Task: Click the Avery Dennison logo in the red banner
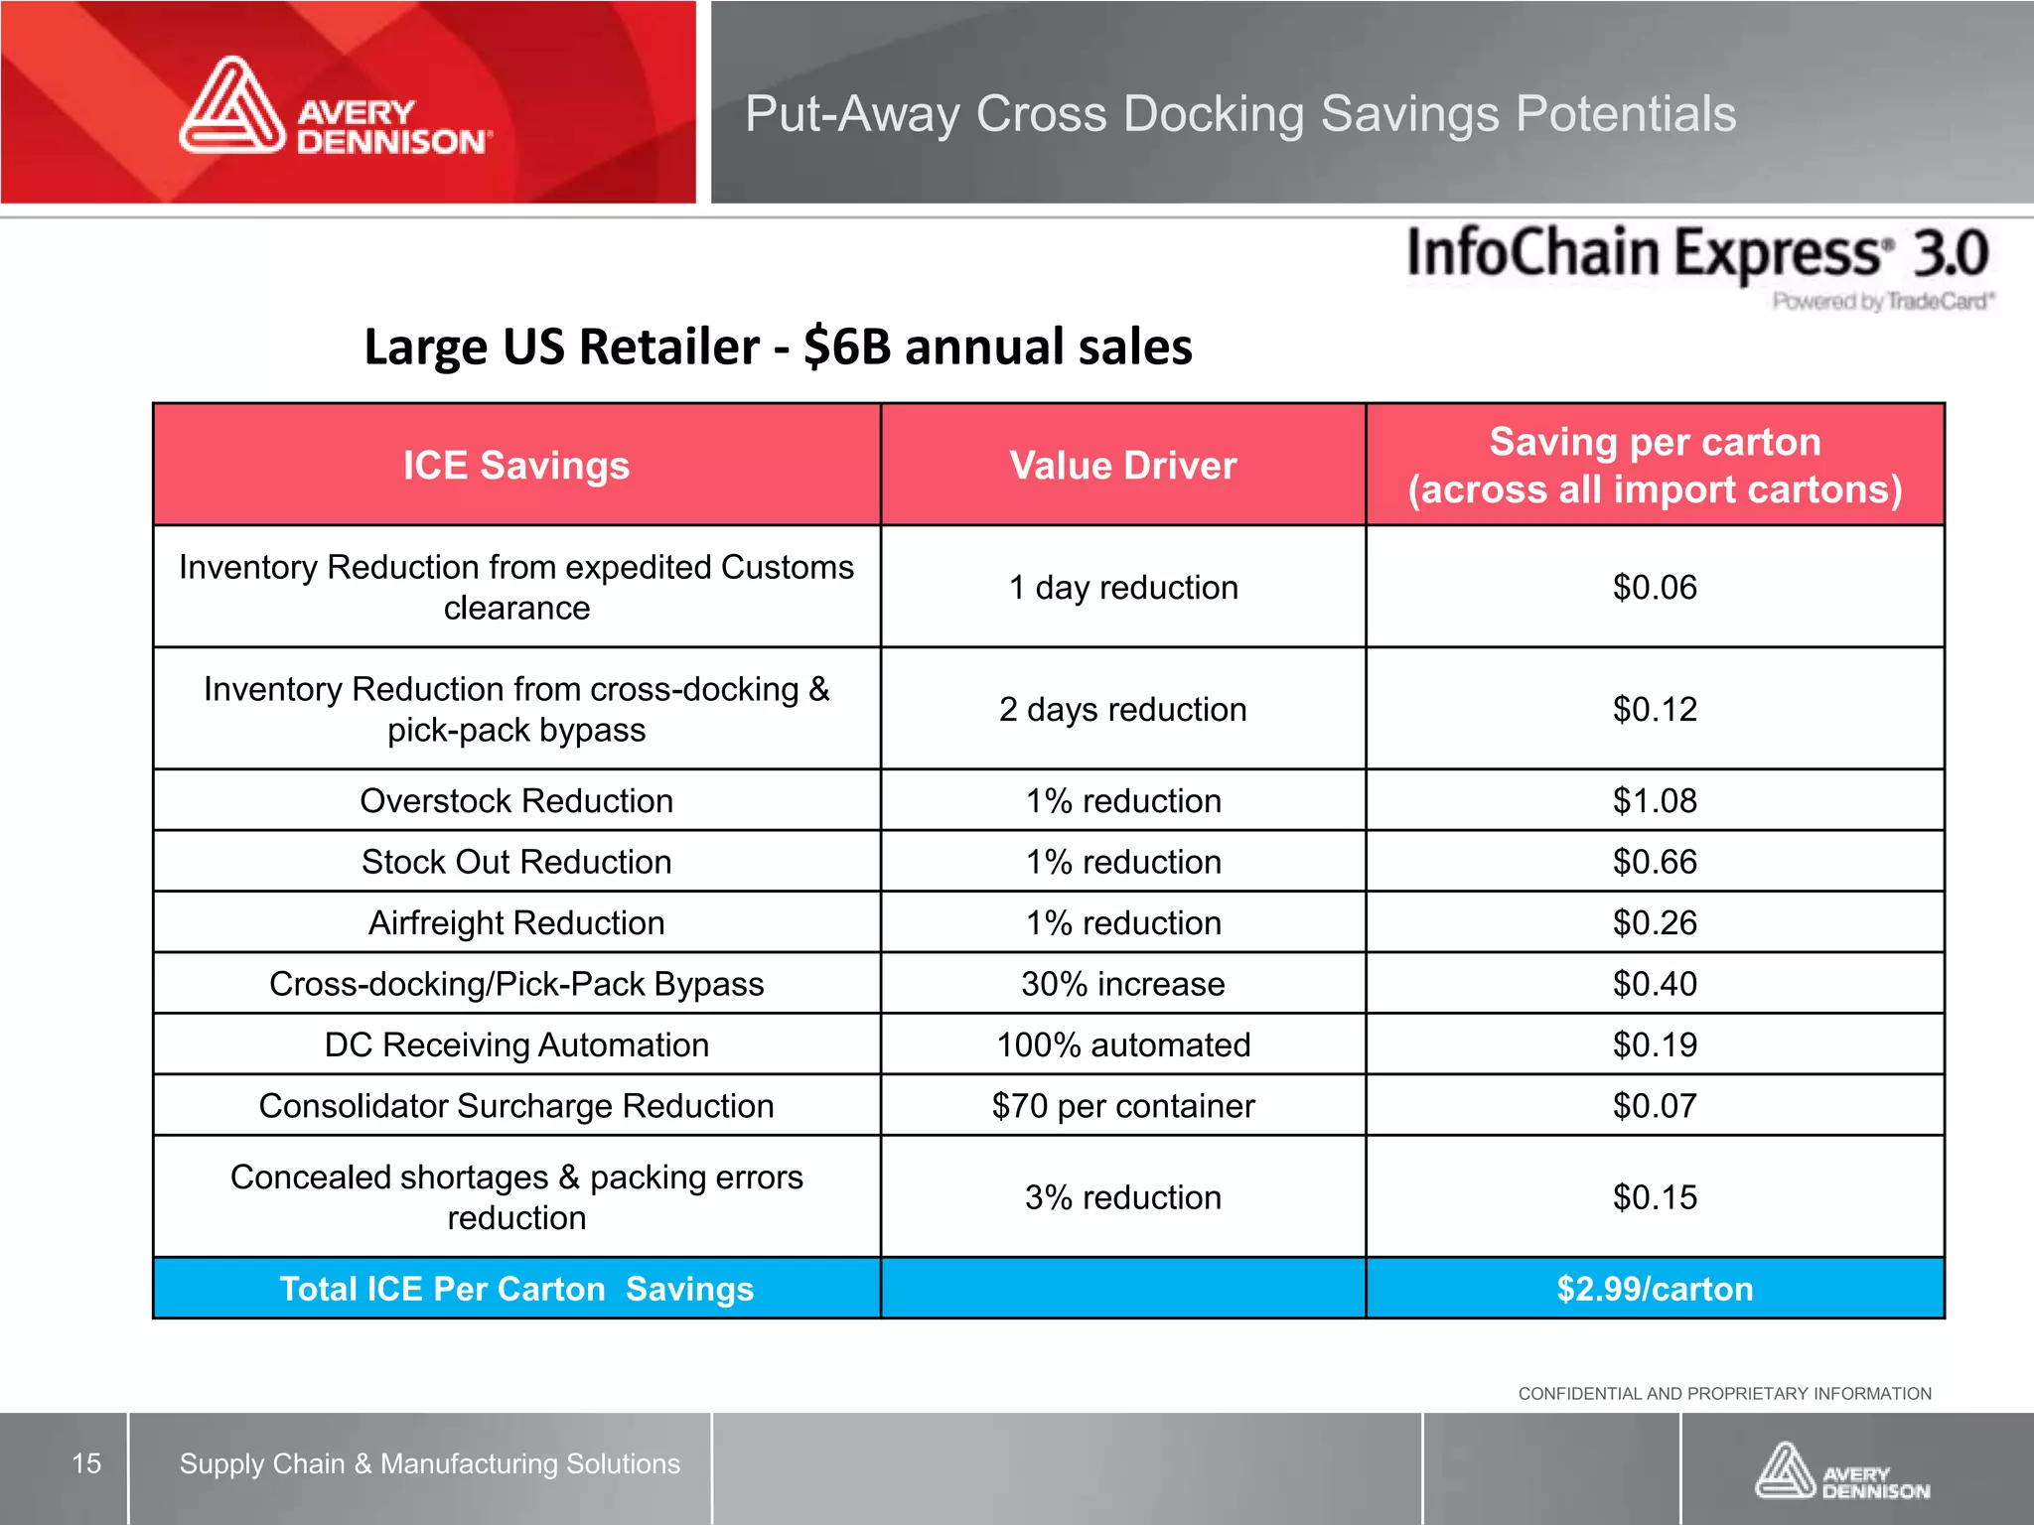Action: pos(336,107)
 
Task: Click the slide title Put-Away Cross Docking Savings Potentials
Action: pos(1239,113)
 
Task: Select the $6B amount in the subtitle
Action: pos(846,347)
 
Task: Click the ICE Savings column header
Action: pos(515,466)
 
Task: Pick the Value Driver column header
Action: pos(1122,466)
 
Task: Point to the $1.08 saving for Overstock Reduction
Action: pos(1654,800)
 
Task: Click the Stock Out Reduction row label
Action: pos(515,862)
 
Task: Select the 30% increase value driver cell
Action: pos(1122,984)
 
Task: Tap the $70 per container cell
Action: pos(1122,1106)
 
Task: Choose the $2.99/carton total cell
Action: pos(1654,1289)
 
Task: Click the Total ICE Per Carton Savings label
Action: pos(515,1289)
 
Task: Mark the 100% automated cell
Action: pos(1122,1045)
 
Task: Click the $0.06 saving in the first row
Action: pos(1654,587)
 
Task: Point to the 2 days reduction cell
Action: pos(1122,709)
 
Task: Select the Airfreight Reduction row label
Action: pos(515,923)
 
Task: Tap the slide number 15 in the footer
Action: pos(86,1463)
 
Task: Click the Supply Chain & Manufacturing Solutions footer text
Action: pos(429,1463)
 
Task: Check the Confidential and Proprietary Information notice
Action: pos(1724,1394)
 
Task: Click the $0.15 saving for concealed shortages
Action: pos(1654,1197)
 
